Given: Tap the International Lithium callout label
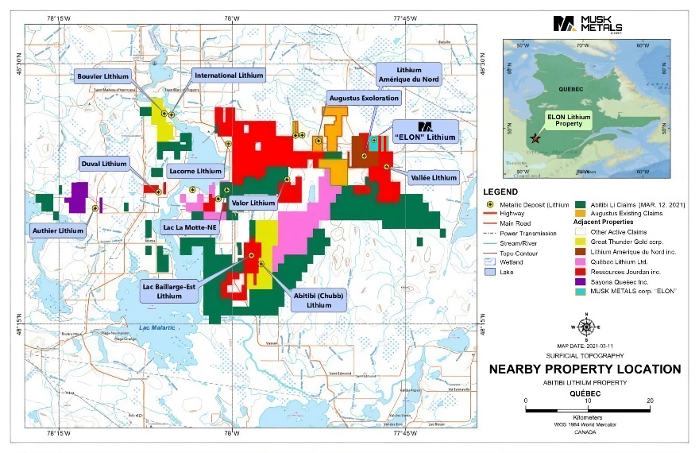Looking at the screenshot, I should point(229,75).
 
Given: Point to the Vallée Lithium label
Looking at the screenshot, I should point(434,177).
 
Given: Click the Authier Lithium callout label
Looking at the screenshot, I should point(57,230).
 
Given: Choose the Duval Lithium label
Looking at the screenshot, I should point(103,164).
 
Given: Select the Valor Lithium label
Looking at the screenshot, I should point(253,203).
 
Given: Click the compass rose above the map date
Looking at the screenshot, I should point(585,327).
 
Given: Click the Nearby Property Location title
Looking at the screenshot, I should point(585,369).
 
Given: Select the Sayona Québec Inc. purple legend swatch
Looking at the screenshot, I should point(581,280).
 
